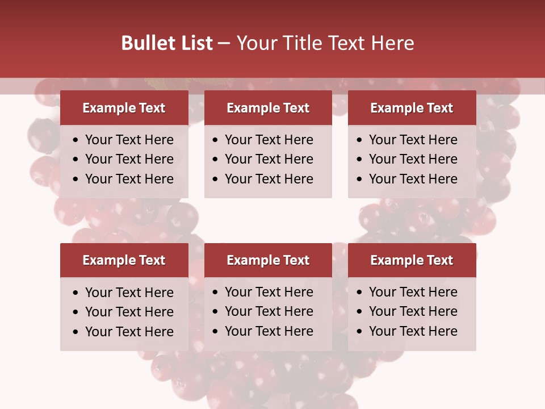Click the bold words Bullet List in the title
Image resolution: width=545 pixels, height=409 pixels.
[167, 43]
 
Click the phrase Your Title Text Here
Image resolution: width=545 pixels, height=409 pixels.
[325, 43]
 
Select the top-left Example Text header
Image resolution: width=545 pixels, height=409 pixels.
[124, 108]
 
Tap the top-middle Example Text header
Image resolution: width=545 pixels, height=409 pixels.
[268, 108]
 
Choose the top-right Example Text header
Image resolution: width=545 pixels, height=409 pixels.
[412, 108]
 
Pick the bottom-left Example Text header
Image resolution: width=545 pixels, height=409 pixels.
[124, 260]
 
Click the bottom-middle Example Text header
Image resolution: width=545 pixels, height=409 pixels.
[268, 260]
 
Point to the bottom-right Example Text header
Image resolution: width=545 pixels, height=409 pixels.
[412, 260]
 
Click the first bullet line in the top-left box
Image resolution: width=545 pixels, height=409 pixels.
[129, 140]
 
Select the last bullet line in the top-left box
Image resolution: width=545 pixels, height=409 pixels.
[129, 179]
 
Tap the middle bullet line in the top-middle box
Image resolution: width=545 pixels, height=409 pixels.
[269, 159]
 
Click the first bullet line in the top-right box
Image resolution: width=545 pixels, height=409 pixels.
[413, 140]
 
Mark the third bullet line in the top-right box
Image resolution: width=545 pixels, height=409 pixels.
[413, 179]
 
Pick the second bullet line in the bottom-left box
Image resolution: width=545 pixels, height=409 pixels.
[129, 312]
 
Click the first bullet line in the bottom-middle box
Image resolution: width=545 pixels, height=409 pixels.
[269, 292]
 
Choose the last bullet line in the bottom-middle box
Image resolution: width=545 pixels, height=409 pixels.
[269, 331]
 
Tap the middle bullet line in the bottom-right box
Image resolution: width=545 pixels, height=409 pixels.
[413, 311]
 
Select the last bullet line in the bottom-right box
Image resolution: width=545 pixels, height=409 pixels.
[413, 331]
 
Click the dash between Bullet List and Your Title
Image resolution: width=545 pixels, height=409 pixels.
[224, 44]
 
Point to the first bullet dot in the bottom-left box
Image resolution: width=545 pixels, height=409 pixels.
[76, 293]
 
